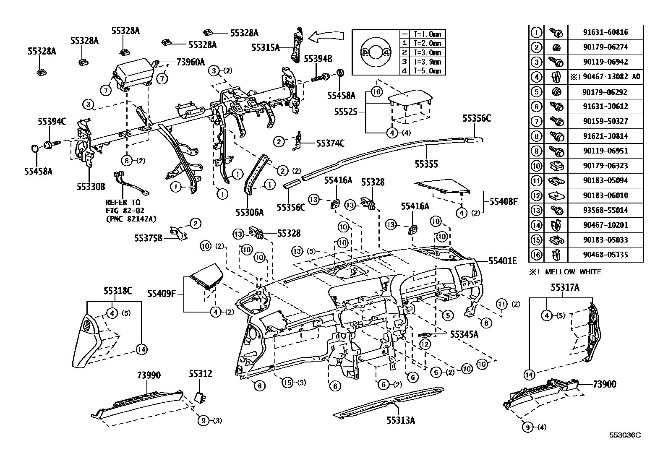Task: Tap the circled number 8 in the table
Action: click(x=537, y=136)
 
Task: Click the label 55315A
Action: click(x=266, y=47)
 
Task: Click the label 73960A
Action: click(x=190, y=63)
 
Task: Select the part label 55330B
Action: click(x=91, y=185)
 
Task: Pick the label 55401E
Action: click(x=503, y=261)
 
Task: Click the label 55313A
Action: click(x=401, y=420)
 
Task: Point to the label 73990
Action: click(x=149, y=375)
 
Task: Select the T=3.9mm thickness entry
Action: click(x=428, y=62)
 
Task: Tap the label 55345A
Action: click(x=464, y=334)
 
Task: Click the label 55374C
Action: click(x=330, y=143)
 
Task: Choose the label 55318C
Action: click(x=118, y=290)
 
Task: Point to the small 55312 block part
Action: click(x=200, y=396)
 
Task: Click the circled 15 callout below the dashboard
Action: click(x=287, y=383)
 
